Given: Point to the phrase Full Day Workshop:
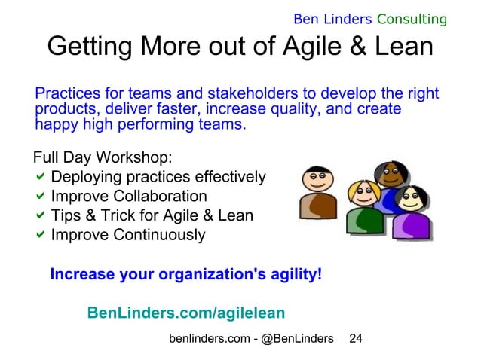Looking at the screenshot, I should [x=103, y=159].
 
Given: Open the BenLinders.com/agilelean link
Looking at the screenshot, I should [x=186, y=313].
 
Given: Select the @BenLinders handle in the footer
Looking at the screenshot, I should [x=297, y=340].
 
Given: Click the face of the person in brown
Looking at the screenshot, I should [x=314, y=180].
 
